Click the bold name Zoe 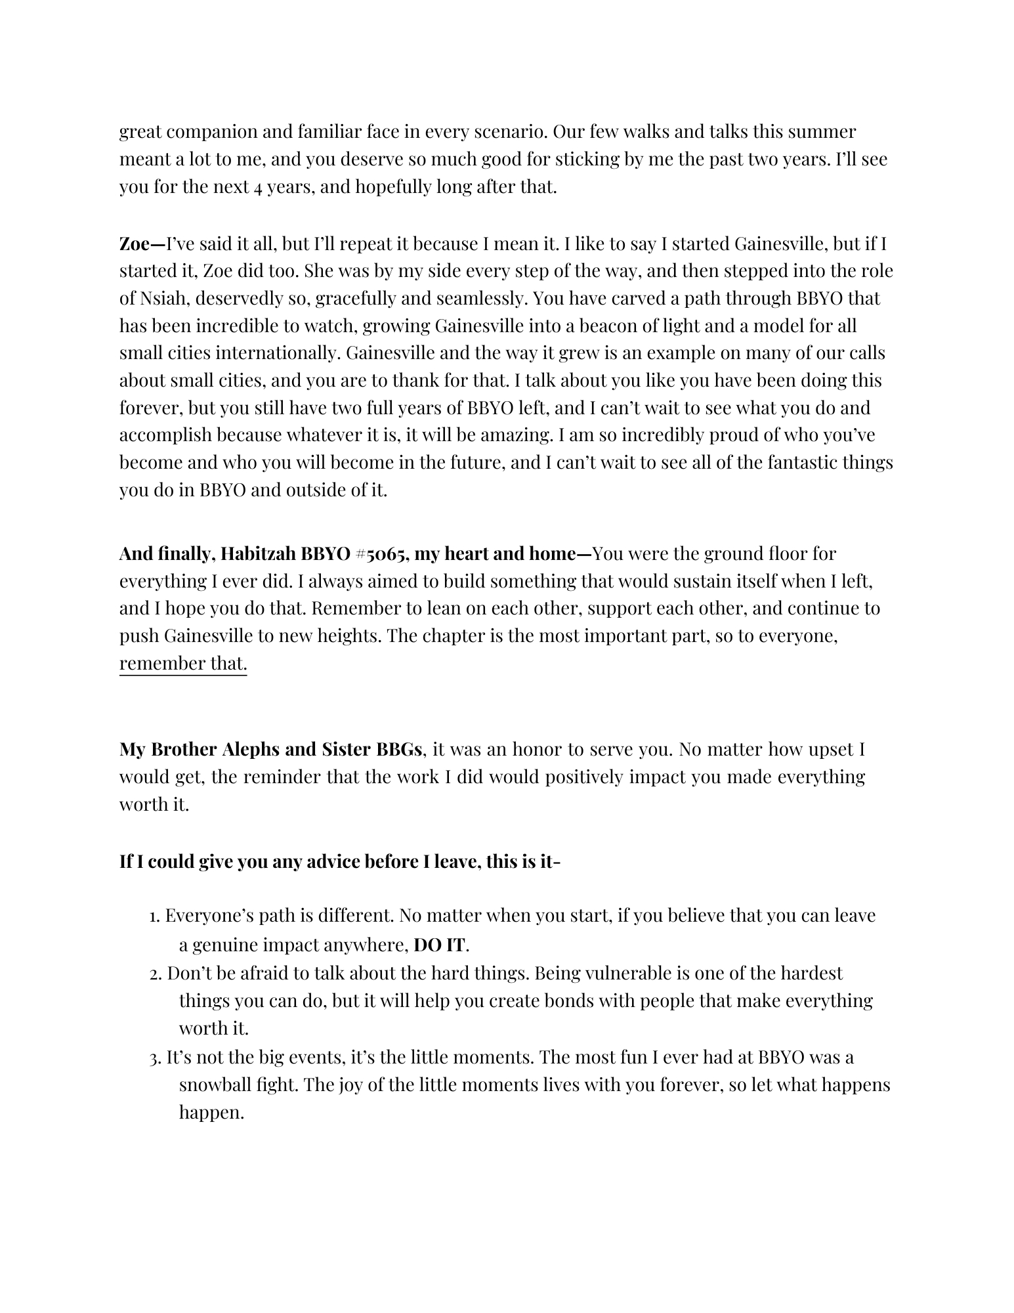click(x=135, y=244)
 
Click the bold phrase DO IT click(x=439, y=945)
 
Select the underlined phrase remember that click(x=183, y=664)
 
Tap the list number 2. click(x=155, y=974)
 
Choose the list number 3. click(x=155, y=1058)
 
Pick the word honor click(x=539, y=750)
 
